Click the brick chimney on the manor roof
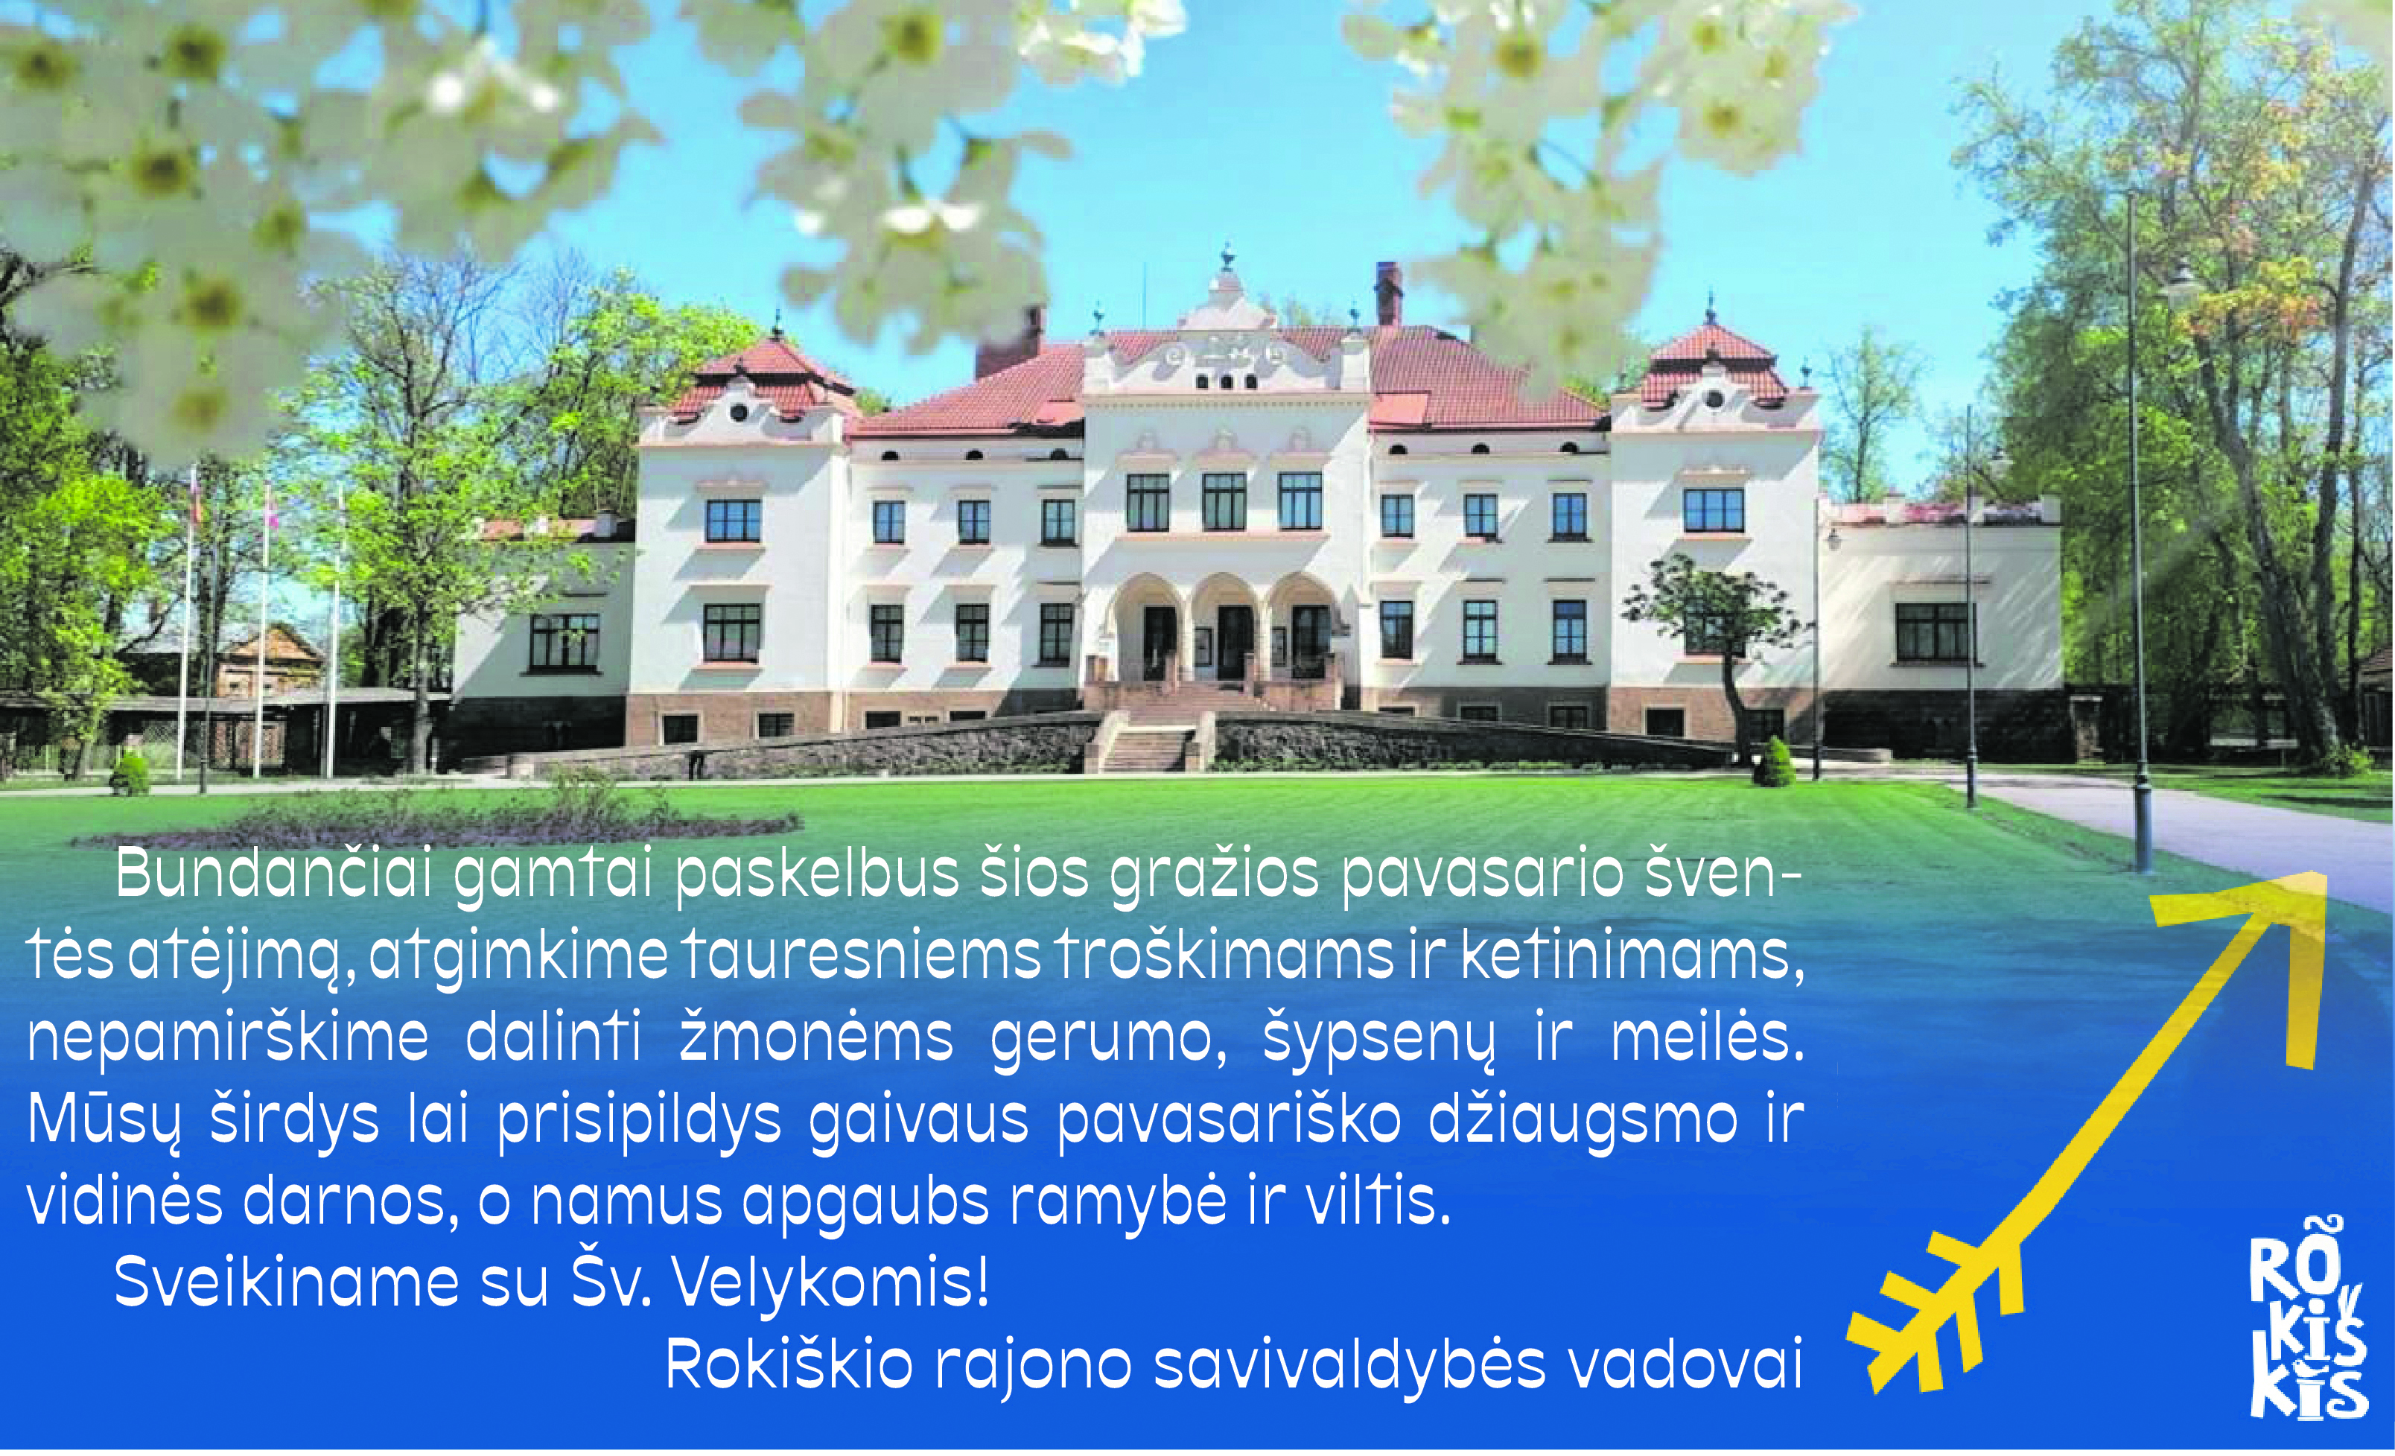[x=1388, y=294]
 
